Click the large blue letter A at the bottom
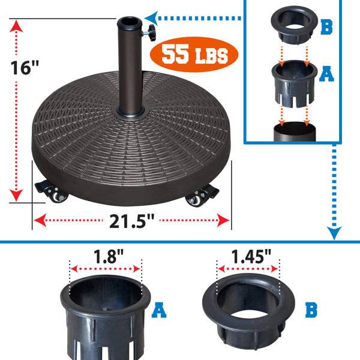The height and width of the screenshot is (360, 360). pos(158,310)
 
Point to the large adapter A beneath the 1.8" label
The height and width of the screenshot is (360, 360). pos(105,318)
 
